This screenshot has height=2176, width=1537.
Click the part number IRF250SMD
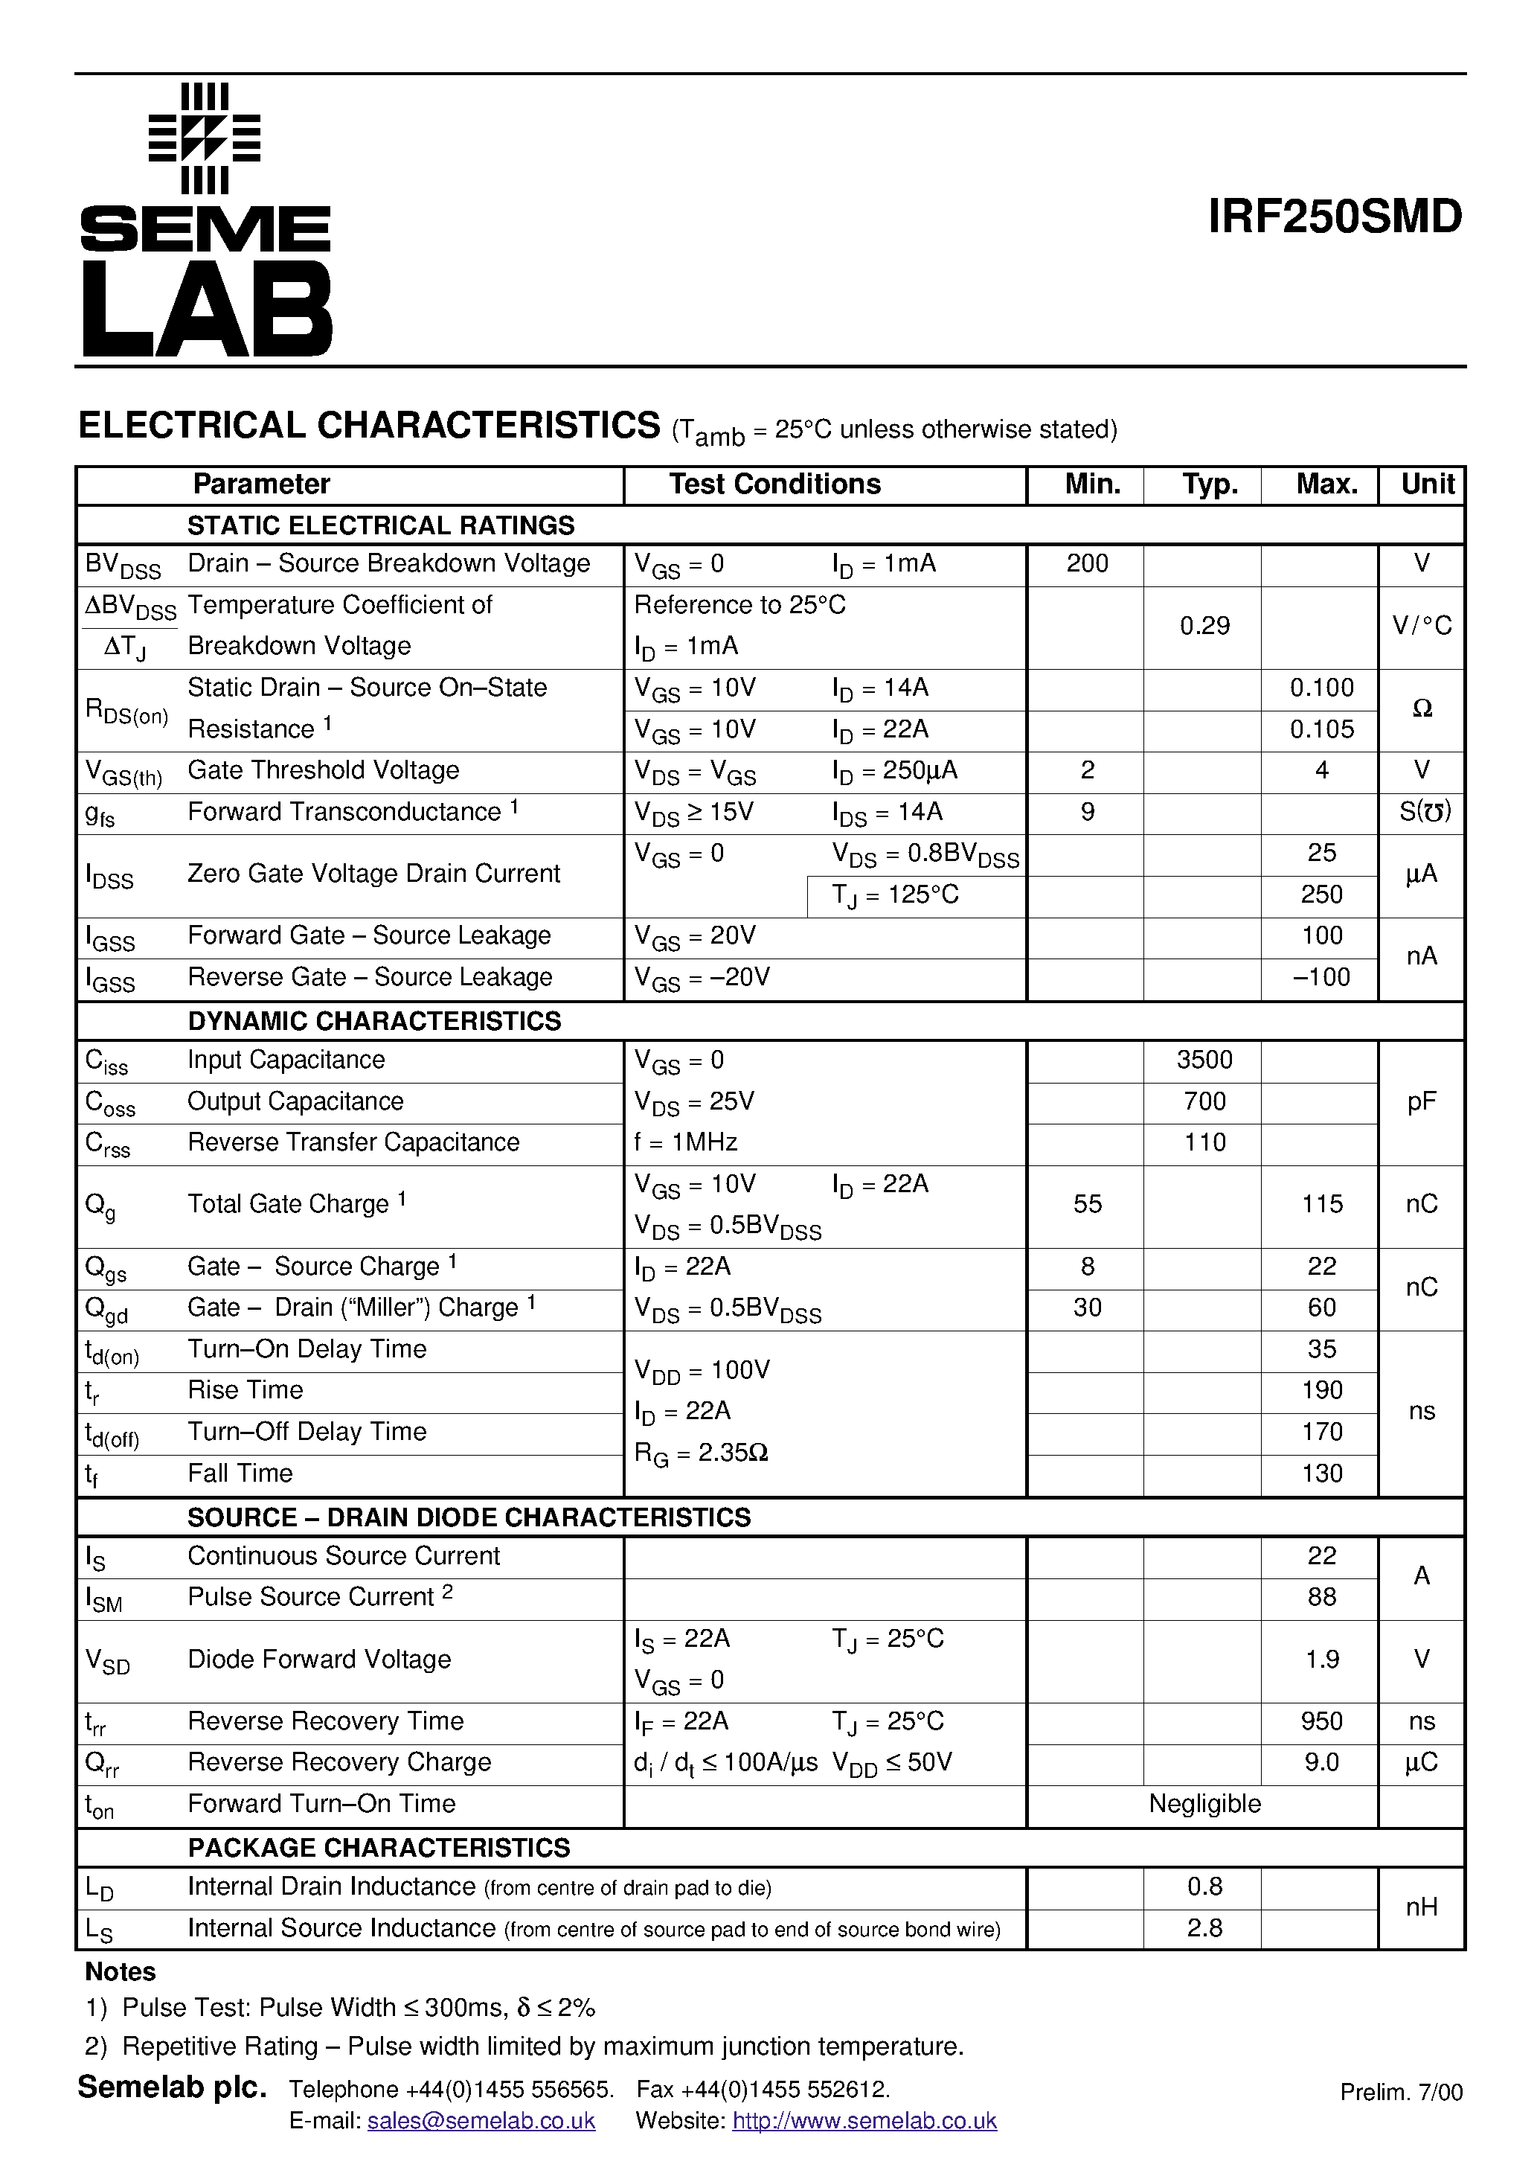click(x=1334, y=217)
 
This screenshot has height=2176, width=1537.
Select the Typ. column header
click(x=1209, y=484)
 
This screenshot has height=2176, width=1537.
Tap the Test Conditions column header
click(x=774, y=484)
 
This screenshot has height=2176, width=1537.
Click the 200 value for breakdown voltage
click(x=1087, y=564)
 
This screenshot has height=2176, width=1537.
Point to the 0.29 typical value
click(x=1204, y=627)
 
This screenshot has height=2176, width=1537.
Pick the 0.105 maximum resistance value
click(x=1321, y=730)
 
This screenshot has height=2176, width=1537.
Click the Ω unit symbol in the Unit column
click(x=1422, y=709)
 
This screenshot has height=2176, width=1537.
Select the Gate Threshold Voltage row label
click(x=322, y=770)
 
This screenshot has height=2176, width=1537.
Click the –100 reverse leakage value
click(x=1321, y=977)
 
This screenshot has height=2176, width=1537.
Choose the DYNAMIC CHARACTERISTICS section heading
click(x=373, y=1021)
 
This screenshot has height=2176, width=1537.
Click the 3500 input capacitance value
click(x=1204, y=1060)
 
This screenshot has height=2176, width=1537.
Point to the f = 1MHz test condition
click(x=685, y=1143)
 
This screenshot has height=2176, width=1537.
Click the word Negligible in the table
click(x=1204, y=1804)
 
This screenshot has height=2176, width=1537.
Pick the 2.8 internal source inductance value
click(x=1204, y=1929)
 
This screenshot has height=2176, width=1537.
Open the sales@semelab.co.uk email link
click(x=481, y=2121)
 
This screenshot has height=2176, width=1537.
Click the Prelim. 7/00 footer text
click(x=1401, y=2093)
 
